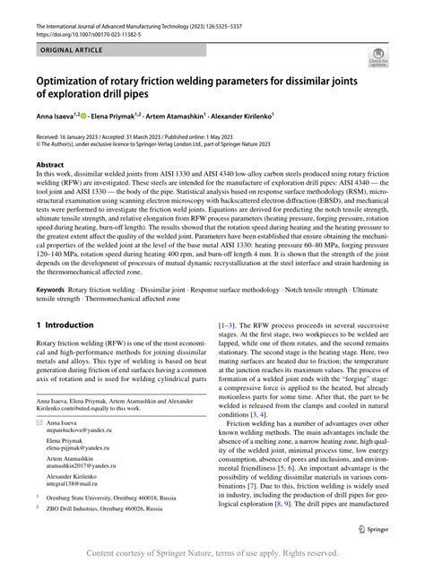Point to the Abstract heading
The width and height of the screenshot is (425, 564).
50,166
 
